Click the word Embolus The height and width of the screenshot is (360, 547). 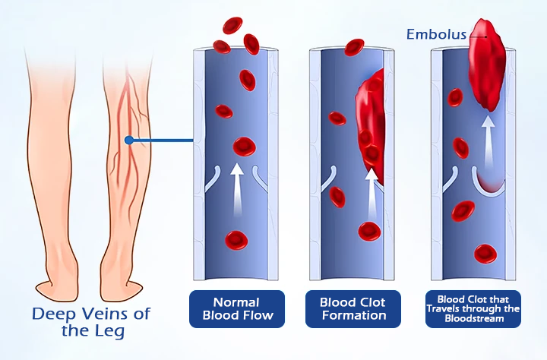(436, 34)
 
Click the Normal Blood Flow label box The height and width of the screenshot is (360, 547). (236, 308)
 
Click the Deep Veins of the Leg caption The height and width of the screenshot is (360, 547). (92, 322)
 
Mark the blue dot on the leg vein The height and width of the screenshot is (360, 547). (130, 140)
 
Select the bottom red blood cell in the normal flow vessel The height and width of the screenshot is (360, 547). (237, 241)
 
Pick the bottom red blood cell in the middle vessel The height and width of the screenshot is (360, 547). (369, 230)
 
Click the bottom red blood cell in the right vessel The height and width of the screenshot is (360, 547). (484, 253)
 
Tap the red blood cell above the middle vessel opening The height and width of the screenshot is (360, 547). (354, 47)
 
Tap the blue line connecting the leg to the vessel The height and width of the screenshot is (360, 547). (163, 140)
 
